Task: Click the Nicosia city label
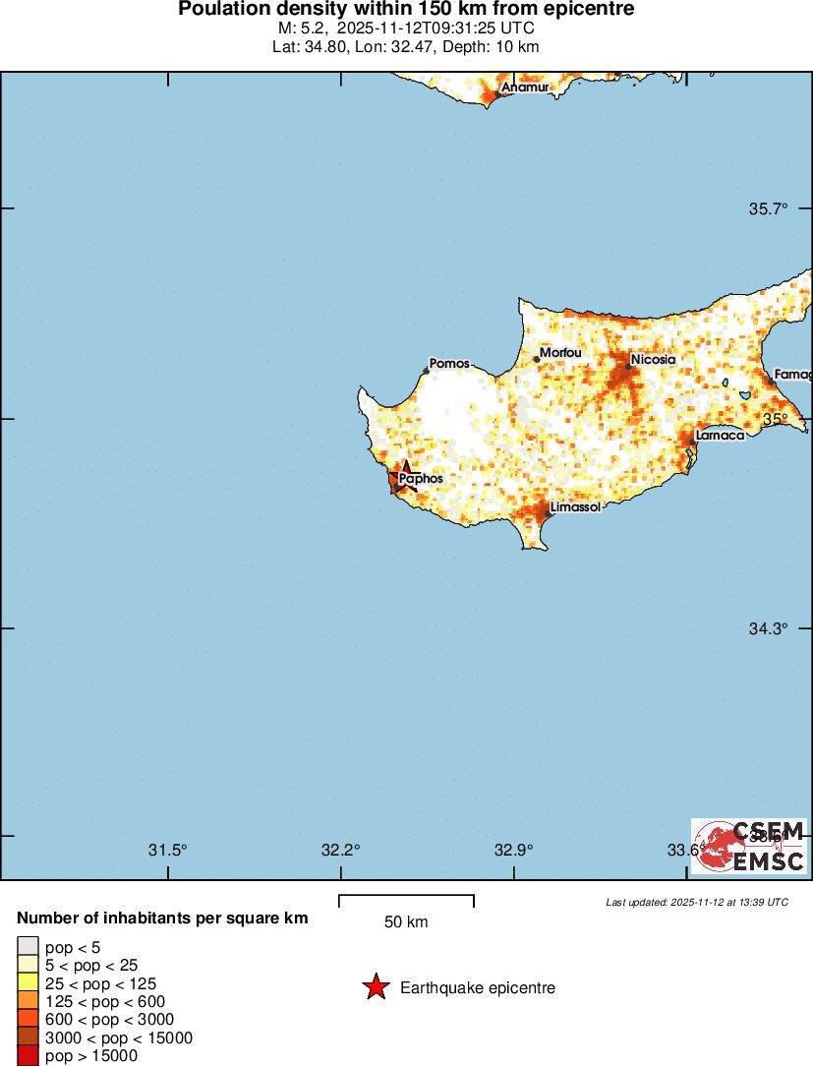point(654,360)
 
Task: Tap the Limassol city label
point(576,507)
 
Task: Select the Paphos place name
point(422,479)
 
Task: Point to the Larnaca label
point(720,435)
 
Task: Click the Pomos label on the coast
point(450,364)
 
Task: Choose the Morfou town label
point(561,353)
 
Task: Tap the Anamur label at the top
point(524,88)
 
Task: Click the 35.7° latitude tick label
point(769,208)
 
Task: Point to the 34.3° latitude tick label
point(769,628)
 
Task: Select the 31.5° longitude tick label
point(168,850)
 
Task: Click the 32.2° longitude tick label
point(341,850)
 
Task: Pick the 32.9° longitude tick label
point(513,850)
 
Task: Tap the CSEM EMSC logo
point(749,846)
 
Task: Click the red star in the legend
point(376,987)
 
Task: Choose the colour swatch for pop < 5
point(28,946)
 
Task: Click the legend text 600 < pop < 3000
point(109,1020)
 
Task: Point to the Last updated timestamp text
point(697,902)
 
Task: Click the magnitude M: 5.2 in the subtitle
point(299,29)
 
